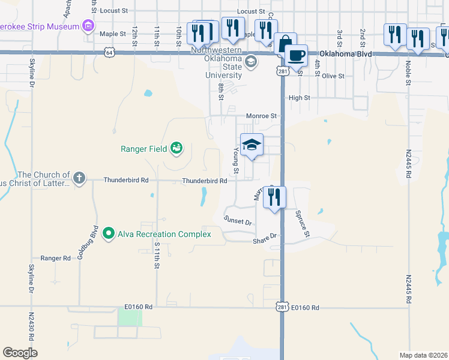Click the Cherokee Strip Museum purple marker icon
pyautogui.click(x=89, y=26)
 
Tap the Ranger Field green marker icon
pyautogui.click(x=176, y=148)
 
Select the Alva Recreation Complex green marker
pyautogui.click(x=108, y=233)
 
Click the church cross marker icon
pyautogui.click(x=79, y=178)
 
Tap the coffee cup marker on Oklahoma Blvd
pyautogui.click(x=295, y=56)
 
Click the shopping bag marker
pyautogui.click(x=285, y=44)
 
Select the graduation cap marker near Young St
pyautogui.click(x=252, y=145)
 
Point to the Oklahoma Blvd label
pyautogui.click(x=345, y=53)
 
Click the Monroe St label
pyautogui.click(x=261, y=116)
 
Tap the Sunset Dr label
pyautogui.click(x=238, y=221)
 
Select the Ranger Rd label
pyautogui.click(x=55, y=258)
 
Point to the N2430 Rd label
pyautogui.click(x=31, y=324)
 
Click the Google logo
pyautogui.click(x=20, y=353)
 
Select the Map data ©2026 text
pyautogui.click(x=423, y=355)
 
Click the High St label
pyautogui.click(x=299, y=97)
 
